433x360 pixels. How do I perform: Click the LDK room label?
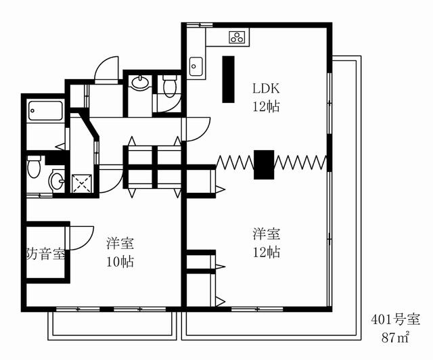click(x=266, y=89)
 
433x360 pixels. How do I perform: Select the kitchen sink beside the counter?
click(x=196, y=66)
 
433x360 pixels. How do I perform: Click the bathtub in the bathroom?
click(x=45, y=110)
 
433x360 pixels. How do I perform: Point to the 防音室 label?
click(x=45, y=254)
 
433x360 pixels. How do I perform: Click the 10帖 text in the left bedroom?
click(x=120, y=261)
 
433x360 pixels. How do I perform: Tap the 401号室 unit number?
click(x=395, y=319)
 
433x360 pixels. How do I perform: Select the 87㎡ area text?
click(x=395, y=337)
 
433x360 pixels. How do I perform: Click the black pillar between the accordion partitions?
click(x=264, y=164)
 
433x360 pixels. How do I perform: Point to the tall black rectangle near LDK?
click(x=229, y=79)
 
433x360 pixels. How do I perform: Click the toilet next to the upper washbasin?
click(x=170, y=86)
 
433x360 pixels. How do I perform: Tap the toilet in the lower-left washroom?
click(x=34, y=166)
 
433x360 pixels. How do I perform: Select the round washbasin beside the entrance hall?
click(x=140, y=83)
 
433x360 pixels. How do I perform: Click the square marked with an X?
click(x=81, y=183)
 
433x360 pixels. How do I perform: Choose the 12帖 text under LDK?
click(x=266, y=106)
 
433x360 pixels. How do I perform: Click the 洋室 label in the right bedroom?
click(x=267, y=233)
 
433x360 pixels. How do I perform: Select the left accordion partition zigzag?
click(x=235, y=162)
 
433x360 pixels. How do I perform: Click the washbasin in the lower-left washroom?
click(x=57, y=181)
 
